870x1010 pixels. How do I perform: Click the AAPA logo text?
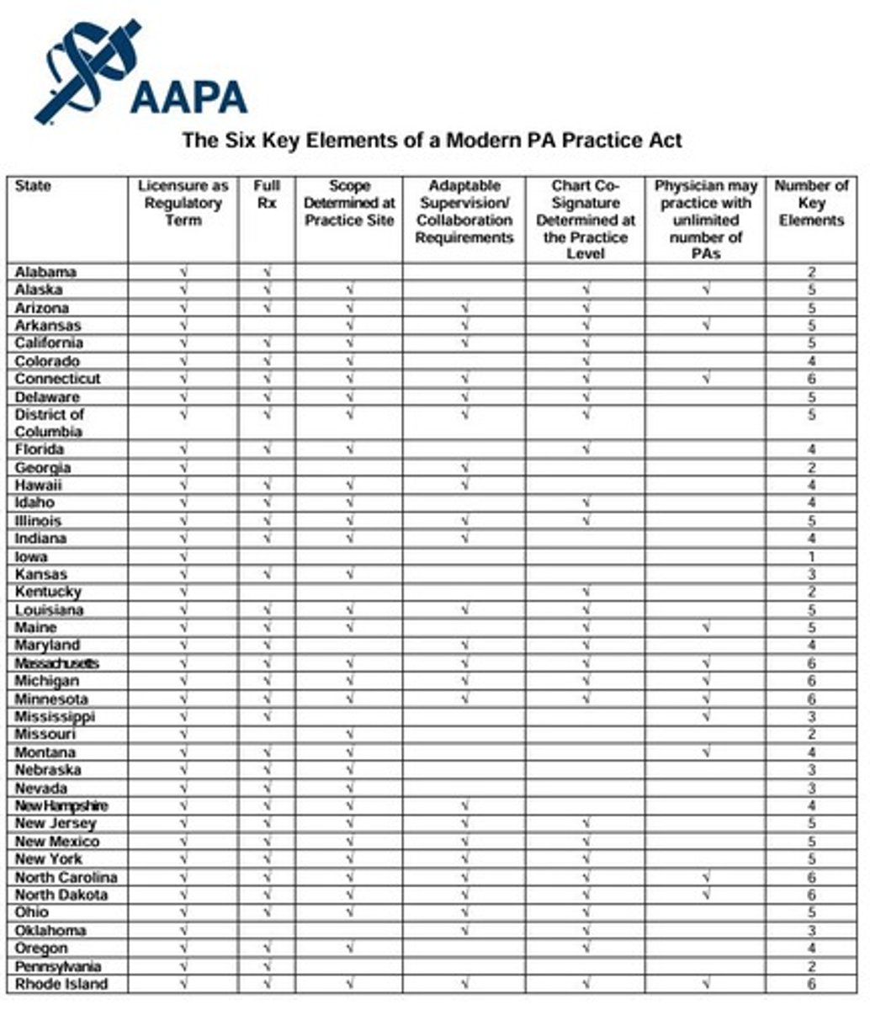pyautogui.click(x=188, y=98)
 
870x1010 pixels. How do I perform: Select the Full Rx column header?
pyautogui.click(x=266, y=194)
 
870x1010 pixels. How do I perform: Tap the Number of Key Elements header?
pyautogui.click(x=811, y=203)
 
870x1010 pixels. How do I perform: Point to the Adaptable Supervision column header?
pyautogui.click(x=464, y=211)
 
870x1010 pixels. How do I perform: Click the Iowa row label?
pyautogui.click(x=31, y=556)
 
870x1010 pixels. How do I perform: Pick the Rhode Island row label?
pyautogui.click(x=61, y=984)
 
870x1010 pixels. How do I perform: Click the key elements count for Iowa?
pyautogui.click(x=811, y=556)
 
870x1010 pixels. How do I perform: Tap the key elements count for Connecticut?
pyautogui.click(x=811, y=379)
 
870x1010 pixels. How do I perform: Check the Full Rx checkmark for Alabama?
pyautogui.click(x=266, y=272)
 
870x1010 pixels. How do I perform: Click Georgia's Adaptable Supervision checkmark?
pyautogui.click(x=464, y=467)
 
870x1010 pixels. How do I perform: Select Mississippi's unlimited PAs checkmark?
pyautogui.click(x=706, y=716)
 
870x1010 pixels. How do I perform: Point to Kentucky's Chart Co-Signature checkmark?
pyautogui.click(x=586, y=592)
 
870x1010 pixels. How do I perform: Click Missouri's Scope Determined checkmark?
pyautogui.click(x=348, y=735)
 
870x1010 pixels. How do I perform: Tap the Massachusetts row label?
pyautogui.click(x=56, y=663)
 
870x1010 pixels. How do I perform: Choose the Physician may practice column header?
pyautogui.click(x=706, y=220)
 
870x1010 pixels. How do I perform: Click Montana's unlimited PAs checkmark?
pyautogui.click(x=706, y=752)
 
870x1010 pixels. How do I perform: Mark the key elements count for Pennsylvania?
pyautogui.click(x=811, y=966)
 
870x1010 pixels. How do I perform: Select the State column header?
pyautogui.click(x=33, y=186)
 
